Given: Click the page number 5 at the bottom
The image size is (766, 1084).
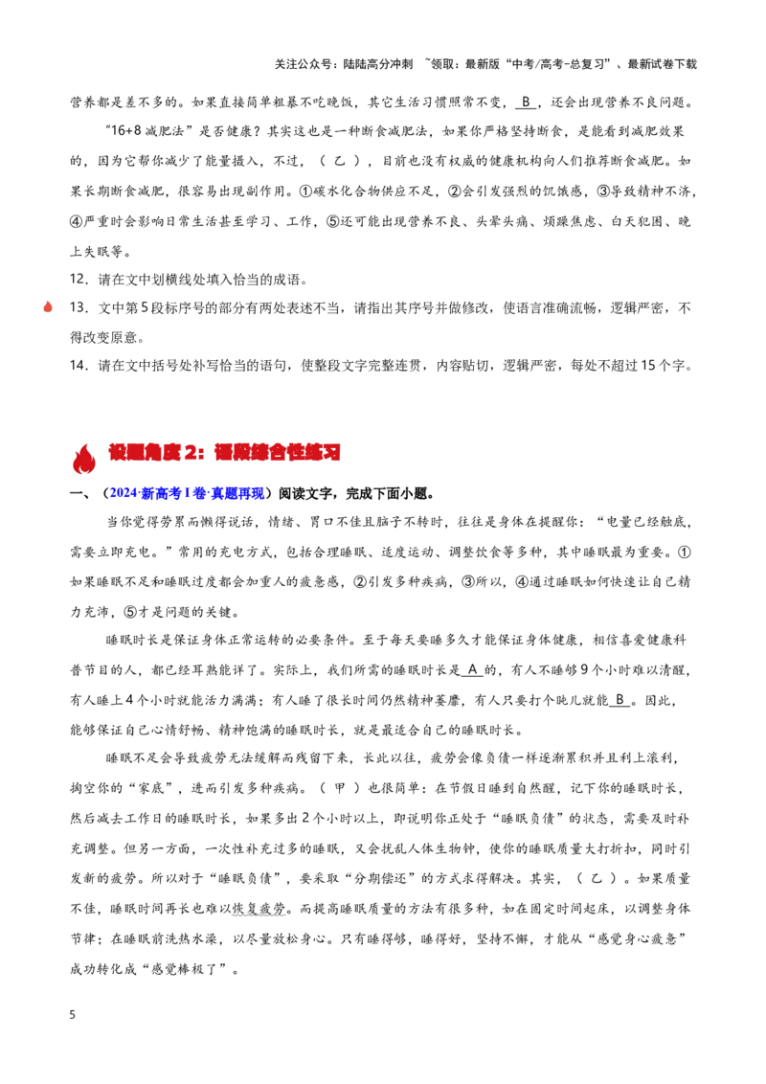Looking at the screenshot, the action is tap(73, 1015).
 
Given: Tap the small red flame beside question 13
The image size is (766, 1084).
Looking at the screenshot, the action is tap(48, 306).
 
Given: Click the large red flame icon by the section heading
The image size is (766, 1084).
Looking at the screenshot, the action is tap(83, 458).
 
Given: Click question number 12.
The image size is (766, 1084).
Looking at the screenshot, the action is tap(79, 280).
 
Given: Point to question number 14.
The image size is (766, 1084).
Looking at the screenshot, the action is tap(79, 365).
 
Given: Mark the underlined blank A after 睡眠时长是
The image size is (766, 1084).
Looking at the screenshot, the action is tap(472, 669).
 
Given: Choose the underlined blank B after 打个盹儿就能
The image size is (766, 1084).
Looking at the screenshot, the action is tap(620, 700).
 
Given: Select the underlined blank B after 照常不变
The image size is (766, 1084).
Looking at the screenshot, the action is tap(526, 102).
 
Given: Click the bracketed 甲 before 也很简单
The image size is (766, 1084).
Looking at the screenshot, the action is tap(340, 788).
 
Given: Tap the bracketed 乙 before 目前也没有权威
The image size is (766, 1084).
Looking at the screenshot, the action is tap(340, 161).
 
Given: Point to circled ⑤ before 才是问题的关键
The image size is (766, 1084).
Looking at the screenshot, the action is tap(130, 613).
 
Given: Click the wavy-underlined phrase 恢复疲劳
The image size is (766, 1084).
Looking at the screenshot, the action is tap(259, 909).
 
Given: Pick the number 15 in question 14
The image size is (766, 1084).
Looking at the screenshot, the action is tap(648, 365).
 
